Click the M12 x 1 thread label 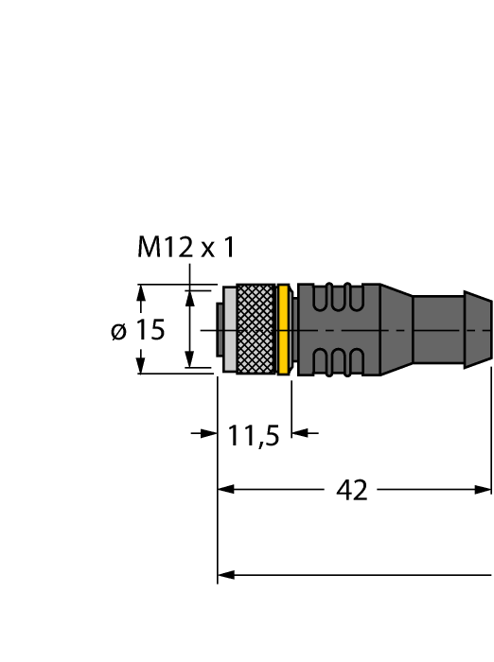click(185, 248)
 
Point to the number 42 click(352, 490)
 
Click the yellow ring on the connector click(283, 330)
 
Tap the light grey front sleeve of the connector click(227, 330)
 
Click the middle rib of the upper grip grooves click(333, 299)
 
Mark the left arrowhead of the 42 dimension click(225, 490)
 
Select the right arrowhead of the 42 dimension click(484, 490)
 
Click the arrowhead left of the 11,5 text click(210, 433)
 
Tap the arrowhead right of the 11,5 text click(298, 433)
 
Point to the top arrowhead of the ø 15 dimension click(141, 291)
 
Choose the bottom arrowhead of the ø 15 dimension click(141, 367)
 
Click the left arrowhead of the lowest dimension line click(225, 574)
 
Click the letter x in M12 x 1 click(207, 250)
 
